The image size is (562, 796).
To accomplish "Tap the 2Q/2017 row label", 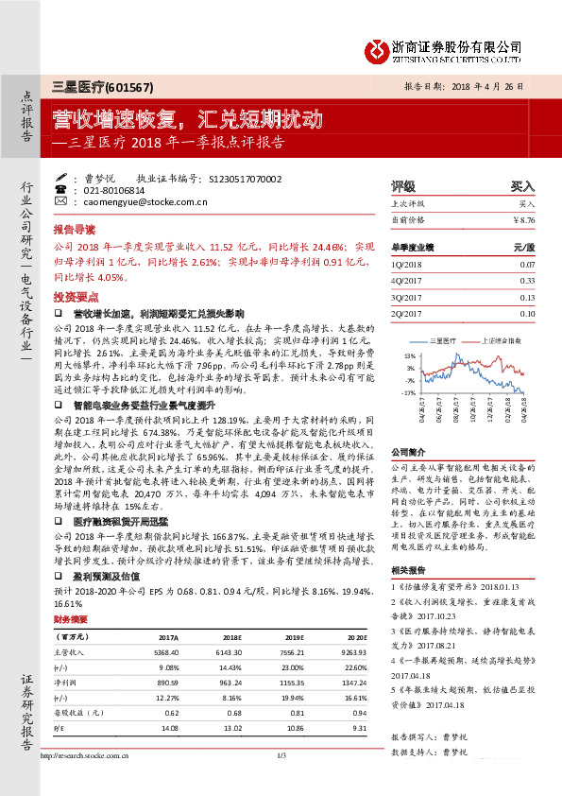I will [409, 313].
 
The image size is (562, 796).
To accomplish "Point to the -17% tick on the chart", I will [408, 391].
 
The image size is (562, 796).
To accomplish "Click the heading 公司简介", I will [408, 452].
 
